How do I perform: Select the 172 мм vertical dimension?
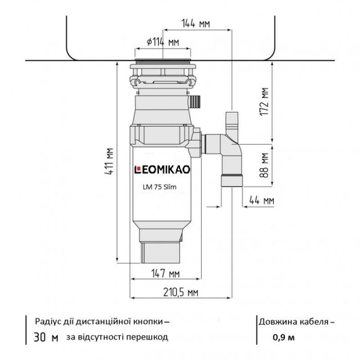tap(265, 103)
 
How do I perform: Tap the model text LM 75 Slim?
tap(160, 187)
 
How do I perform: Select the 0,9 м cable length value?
tap(283, 338)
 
